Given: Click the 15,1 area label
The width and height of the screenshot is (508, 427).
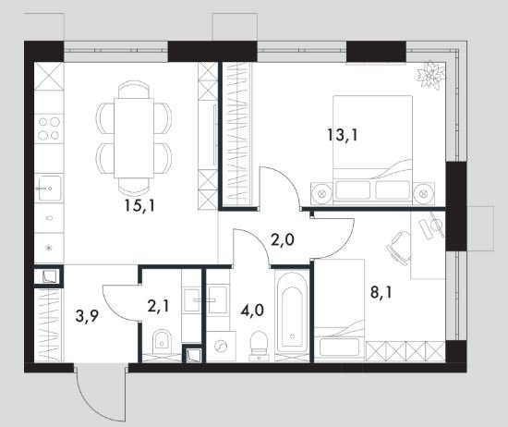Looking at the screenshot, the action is [140, 205].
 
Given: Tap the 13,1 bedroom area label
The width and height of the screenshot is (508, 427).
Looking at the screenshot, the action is [343, 135].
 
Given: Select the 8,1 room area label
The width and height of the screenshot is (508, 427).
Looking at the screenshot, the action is [381, 292].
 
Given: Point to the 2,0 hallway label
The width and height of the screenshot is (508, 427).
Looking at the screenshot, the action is [283, 240].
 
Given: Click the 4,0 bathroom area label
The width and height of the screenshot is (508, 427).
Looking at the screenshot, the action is [252, 310].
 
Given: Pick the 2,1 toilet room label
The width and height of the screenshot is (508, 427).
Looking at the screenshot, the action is [158, 306].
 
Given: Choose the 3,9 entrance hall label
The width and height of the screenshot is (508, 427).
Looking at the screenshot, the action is [87, 316].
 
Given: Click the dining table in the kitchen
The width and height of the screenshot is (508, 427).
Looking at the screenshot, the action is [134, 138].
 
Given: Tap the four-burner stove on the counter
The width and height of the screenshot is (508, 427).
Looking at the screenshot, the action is [49, 128].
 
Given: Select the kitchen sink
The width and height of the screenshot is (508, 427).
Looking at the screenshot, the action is [49, 188].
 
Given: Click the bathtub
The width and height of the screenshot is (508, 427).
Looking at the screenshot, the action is [292, 314].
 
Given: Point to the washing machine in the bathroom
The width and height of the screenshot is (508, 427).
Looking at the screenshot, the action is [221, 347].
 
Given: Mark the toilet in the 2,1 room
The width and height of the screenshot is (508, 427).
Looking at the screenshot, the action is [162, 342].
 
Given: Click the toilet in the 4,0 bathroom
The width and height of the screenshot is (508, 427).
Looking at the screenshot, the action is [259, 346].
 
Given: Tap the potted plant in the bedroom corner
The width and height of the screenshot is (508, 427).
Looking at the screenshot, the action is [430, 75].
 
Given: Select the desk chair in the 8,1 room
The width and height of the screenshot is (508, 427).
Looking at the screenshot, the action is [398, 248].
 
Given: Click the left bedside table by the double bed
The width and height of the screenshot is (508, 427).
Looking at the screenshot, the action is [321, 193].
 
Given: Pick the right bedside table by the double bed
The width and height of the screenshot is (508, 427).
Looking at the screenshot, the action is [424, 193].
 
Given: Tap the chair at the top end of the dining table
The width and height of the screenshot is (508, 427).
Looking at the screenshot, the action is [134, 89].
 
